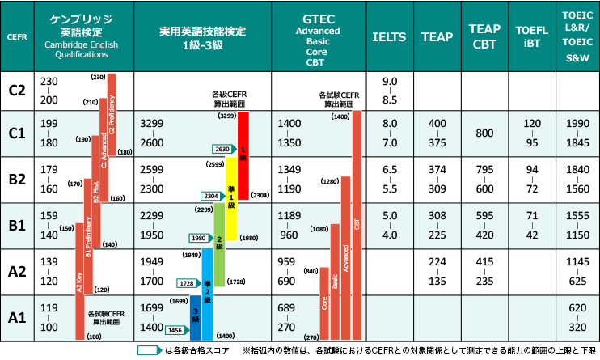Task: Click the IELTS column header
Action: click(389, 36)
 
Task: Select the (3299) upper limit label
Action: click(227, 116)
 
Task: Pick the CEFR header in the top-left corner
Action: click(16, 36)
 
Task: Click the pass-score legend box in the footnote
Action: click(149, 350)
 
